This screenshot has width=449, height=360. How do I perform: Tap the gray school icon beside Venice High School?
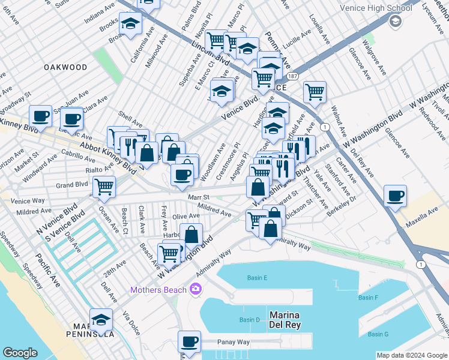pos(395,22)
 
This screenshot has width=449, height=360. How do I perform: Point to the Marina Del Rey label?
pos(285,320)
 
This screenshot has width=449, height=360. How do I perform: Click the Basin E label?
pos(257,278)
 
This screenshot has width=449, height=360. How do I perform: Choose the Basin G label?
pos(378,334)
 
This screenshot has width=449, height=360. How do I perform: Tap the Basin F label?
pos(368,298)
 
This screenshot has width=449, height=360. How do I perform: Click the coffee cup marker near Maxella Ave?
pos(396,196)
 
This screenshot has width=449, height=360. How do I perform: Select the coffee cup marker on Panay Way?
pos(190,342)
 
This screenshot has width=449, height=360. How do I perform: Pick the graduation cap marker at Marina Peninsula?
pos(101,320)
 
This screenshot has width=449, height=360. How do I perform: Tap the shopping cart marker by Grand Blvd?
pos(104,187)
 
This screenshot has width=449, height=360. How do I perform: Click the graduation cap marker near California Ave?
pos(130,25)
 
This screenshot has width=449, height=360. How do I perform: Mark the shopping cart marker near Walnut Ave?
pos(315,92)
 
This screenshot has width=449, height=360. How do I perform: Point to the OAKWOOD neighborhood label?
pos(66,68)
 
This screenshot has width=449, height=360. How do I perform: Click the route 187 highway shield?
pos(292,77)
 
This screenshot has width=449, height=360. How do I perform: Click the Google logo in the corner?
pos(20,353)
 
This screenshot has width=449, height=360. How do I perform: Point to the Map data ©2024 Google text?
pos(411,355)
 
